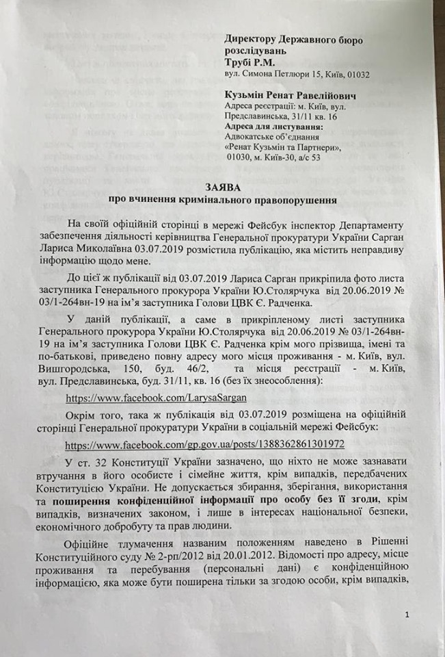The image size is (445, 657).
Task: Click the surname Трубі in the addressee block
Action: point(241,62)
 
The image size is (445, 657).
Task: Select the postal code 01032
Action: point(374,75)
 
